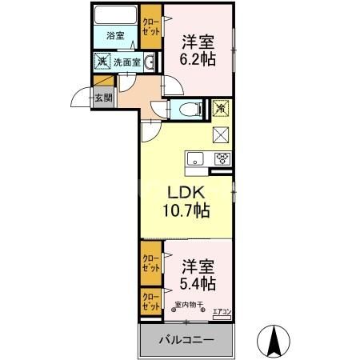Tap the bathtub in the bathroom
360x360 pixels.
115,16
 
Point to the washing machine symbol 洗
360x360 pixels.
102,61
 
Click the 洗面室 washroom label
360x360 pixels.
127,61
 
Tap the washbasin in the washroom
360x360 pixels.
150,61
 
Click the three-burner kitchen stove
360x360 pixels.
221,158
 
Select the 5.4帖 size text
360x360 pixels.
198,282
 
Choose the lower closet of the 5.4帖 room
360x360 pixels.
150,302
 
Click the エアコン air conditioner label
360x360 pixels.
222,312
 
